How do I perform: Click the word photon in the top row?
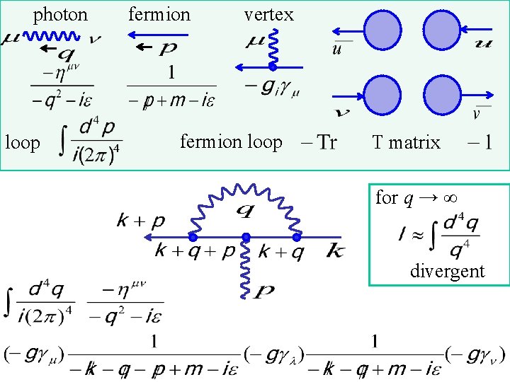click(61, 14)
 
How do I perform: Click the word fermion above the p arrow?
click(159, 14)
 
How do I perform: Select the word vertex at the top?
click(268, 14)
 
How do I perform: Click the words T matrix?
click(406, 143)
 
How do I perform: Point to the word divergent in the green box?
click(447, 270)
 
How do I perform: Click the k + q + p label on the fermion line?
click(196, 250)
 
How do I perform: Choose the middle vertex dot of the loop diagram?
click(245, 236)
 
